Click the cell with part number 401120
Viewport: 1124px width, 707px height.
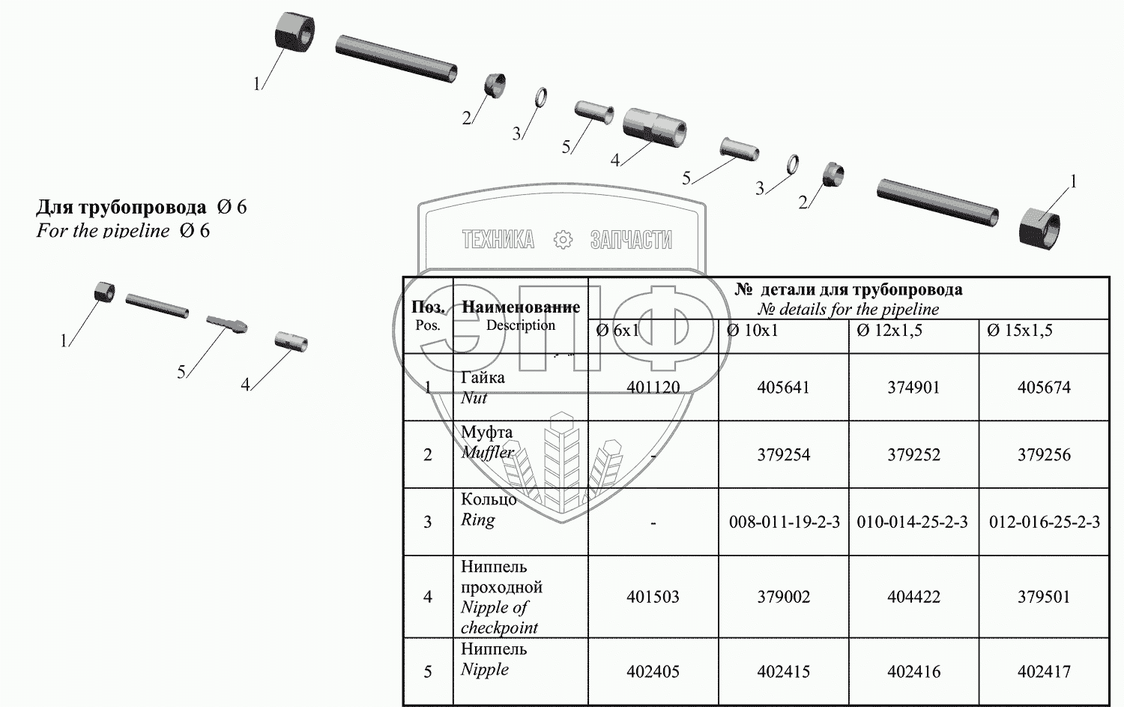click(653, 388)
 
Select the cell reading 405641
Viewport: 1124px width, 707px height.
click(783, 388)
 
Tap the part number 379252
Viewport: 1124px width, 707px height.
click(913, 455)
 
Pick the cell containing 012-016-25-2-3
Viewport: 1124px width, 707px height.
click(1044, 522)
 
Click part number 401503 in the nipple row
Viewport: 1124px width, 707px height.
click(653, 597)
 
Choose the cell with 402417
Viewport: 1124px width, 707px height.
click(1044, 672)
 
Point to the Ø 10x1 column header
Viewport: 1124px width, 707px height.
click(752, 331)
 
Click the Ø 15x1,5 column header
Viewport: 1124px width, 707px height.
click(1020, 331)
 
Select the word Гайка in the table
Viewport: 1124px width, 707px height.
click(483, 378)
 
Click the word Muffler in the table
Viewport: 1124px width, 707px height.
click(487, 453)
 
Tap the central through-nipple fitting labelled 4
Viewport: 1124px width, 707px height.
click(654, 124)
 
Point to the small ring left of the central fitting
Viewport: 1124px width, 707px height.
click(540, 97)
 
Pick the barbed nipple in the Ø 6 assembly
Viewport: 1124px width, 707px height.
click(226, 323)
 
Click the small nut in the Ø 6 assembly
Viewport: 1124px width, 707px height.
click(104, 292)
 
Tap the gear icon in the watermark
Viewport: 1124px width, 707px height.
click(563, 240)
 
